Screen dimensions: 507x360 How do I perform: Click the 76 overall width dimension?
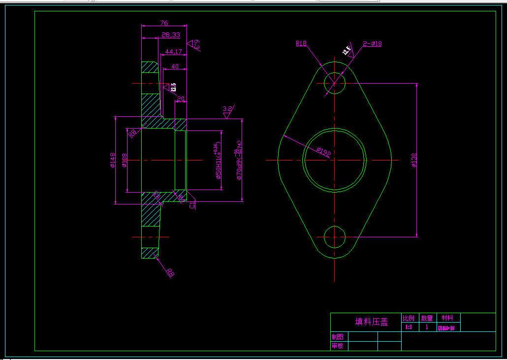tap(164, 23)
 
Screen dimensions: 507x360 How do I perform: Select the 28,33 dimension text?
tap(170, 35)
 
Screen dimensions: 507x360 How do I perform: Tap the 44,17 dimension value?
tap(173, 51)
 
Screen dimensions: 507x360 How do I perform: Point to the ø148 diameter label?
tap(113, 160)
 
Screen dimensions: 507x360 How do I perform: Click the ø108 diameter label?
tap(125, 161)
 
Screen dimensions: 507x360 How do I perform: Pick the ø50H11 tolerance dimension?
tap(218, 161)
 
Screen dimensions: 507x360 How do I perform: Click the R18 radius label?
tap(301, 43)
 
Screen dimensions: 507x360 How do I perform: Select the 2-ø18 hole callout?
tap(372, 43)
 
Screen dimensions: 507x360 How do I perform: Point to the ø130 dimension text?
tap(413, 161)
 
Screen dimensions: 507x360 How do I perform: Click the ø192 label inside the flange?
tap(323, 152)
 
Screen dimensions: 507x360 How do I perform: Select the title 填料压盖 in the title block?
tap(372, 322)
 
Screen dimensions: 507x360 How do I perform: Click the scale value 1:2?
tap(409, 327)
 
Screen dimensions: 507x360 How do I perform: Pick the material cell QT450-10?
tap(446, 327)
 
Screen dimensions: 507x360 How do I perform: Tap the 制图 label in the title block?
tap(338, 337)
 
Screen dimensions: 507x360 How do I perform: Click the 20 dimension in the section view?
tap(180, 99)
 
